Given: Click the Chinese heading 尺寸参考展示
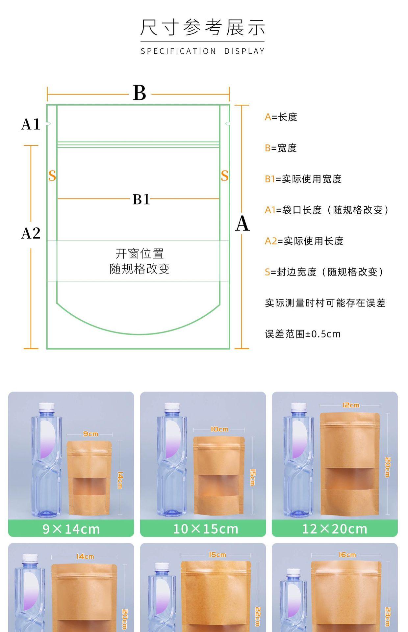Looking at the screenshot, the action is pos(203,27).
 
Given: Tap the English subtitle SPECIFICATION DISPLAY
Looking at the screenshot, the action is pos(203,51).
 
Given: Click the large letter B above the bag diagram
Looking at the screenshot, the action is pos(140,93).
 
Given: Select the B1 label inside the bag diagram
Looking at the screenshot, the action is pos(141,199).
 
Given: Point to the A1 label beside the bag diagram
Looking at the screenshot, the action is pos(31,124).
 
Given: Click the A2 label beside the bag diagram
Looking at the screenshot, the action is pos(31,233).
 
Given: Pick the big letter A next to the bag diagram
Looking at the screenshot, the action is pos(242,224).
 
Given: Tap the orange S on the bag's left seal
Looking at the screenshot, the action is pos(52,176).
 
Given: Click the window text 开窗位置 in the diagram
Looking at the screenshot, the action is pos(140,254).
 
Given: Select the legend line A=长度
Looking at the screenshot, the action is pos(281,117).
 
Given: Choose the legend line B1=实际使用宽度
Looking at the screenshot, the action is pos(303,179).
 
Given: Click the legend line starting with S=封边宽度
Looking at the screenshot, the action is pos(324,272).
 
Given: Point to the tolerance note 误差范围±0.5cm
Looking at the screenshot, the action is pos(303,334).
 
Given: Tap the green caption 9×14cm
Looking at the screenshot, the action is pos(71,529).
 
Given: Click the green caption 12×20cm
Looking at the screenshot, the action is pos(335,529).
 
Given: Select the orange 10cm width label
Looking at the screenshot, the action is pos(219,429).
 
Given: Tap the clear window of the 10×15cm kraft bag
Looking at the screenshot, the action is pos(218,485).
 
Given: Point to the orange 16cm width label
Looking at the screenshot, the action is pos(347,555).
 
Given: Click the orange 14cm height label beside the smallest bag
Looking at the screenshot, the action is pos(120,480).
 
